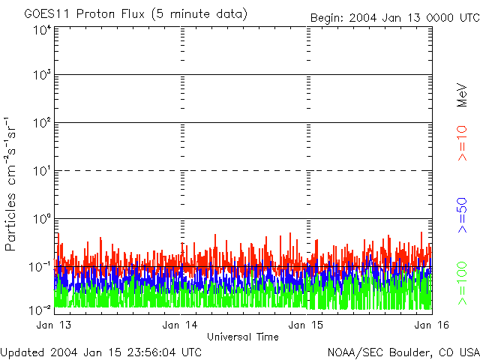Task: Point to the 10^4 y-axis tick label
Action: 42,31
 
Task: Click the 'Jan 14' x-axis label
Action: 181,325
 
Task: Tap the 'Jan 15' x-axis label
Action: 306,325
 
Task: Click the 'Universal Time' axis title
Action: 243,337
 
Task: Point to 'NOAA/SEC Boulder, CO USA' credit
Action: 403,352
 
